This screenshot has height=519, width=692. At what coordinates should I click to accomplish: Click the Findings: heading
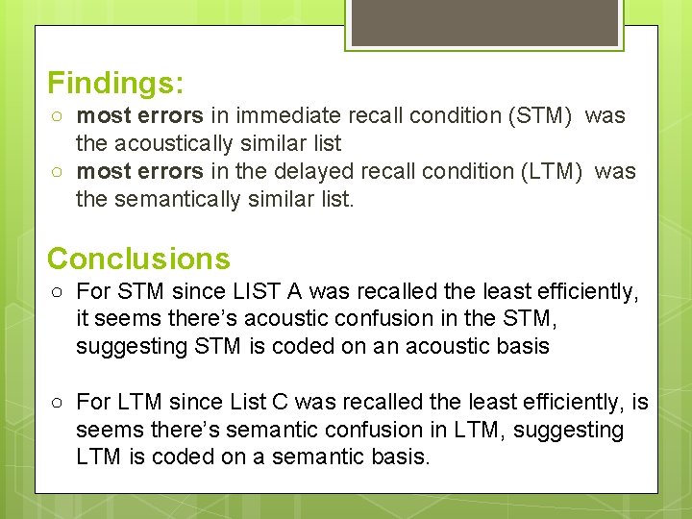[x=115, y=83]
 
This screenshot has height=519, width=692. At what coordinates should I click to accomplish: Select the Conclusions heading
[x=138, y=259]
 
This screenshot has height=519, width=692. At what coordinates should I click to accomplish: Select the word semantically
[x=190, y=200]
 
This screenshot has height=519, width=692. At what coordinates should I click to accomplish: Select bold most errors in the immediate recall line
[x=139, y=116]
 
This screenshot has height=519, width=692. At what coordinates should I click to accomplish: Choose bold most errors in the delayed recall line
[x=139, y=172]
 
